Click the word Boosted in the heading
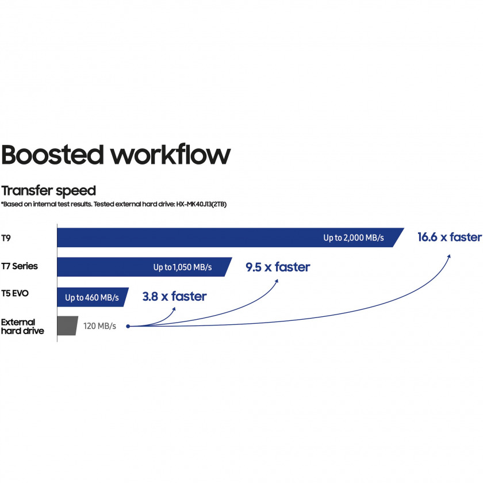pos(52,154)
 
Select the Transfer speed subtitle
pos(49,191)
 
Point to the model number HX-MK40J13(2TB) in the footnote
pos(201,204)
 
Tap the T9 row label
pos(6,238)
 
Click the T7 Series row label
pos(20,266)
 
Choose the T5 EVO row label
pos(15,293)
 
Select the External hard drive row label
pos(22,327)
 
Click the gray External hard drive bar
pos(67,325)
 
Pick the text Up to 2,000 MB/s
pos(354,238)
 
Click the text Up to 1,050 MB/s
pos(183,267)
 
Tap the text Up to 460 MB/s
pos(92,298)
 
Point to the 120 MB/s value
pos(99,326)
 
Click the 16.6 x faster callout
pos(450,237)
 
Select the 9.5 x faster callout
pos(278,267)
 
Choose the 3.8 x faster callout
pos(174,296)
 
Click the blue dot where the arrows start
pos(128,326)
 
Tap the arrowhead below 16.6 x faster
pos(449,256)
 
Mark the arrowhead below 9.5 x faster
pos(277,281)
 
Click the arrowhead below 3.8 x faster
pos(174,309)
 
